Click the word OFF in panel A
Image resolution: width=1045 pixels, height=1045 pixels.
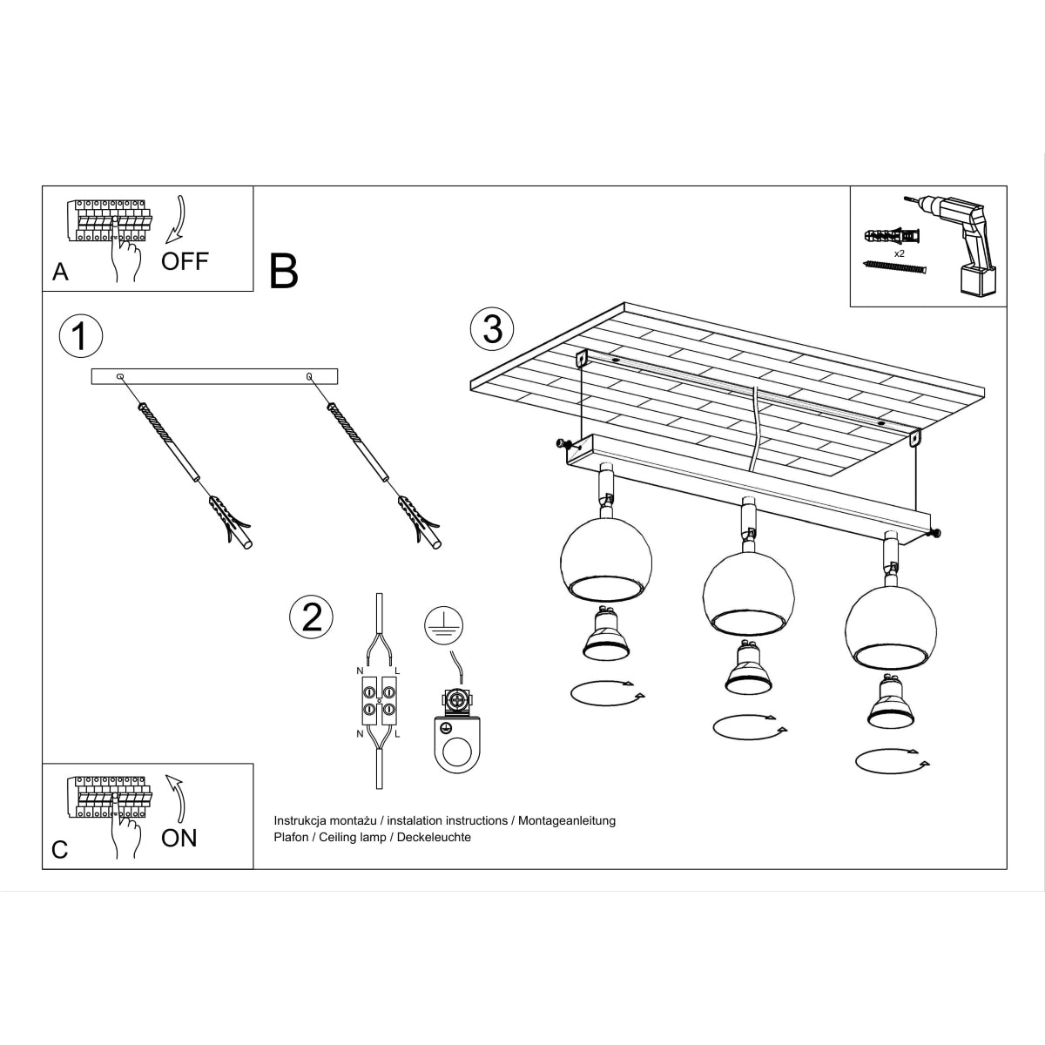pos(185,261)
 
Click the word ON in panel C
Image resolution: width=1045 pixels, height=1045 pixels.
pos(179,838)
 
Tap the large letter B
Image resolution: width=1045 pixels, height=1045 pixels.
pos(284,271)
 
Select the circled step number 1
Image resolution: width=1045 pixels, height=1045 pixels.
pos(80,335)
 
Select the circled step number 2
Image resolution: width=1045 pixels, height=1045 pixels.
pos(311,617)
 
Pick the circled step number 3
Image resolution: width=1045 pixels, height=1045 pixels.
pos(492,329)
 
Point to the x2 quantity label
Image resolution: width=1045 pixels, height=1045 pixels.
pos(900,253)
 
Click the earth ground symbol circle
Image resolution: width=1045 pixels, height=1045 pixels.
pos(444,626)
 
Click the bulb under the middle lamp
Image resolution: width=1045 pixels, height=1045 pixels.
pos(747,671)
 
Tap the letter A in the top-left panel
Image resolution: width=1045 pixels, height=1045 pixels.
pos(60,273)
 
